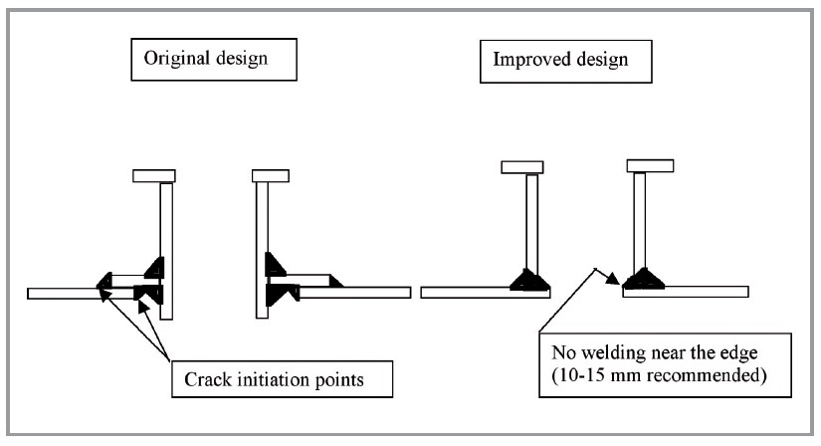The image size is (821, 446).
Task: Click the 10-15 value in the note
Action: click(581, 375)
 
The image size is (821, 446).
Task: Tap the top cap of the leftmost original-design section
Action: click(154, 176)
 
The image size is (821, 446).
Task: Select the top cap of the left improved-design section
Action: click(522, 166)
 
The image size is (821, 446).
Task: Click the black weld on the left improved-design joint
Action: click(528, 280)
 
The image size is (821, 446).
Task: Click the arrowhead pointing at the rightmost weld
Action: click(617, 279)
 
